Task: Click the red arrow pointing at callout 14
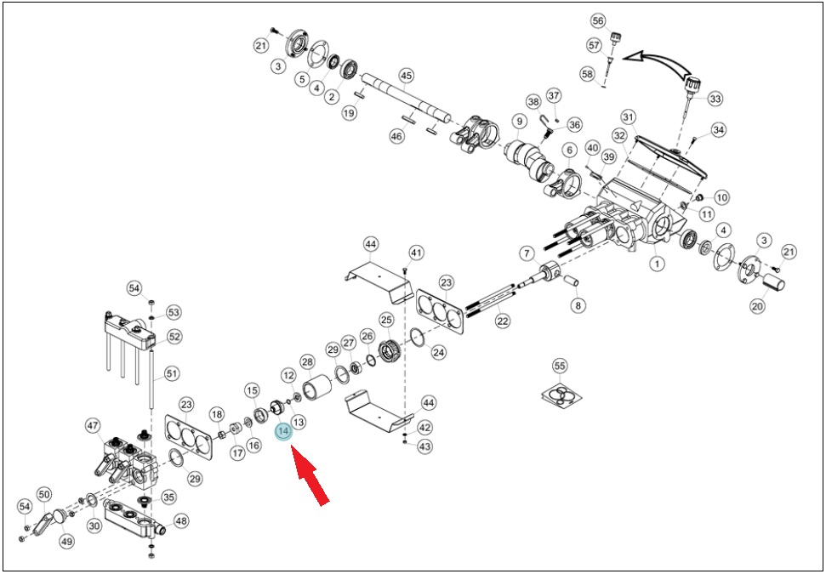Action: (310, 475)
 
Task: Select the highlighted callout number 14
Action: (283, 431)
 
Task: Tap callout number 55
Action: (559, 366)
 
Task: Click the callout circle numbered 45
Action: (406, 76)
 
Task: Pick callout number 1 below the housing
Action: (657, 263)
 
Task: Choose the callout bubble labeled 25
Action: (387, 319)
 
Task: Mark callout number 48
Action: (180, 521)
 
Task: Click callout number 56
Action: (598, 21)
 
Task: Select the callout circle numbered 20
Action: (757, 305)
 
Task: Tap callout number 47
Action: (94, 425)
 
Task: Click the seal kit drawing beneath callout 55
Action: (561, 395)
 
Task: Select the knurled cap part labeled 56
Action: (614, 38)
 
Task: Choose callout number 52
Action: (174, 337)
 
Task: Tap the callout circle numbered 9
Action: (519, 122)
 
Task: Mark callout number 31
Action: (628, 117)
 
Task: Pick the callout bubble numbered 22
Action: (503, 320)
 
